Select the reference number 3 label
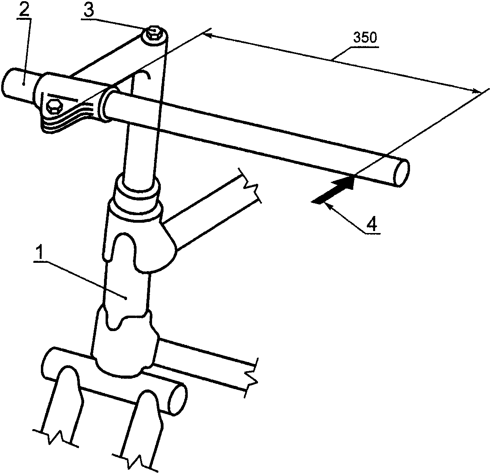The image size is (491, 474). tap(89, 10)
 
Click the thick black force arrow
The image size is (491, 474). tap(333, 190)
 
